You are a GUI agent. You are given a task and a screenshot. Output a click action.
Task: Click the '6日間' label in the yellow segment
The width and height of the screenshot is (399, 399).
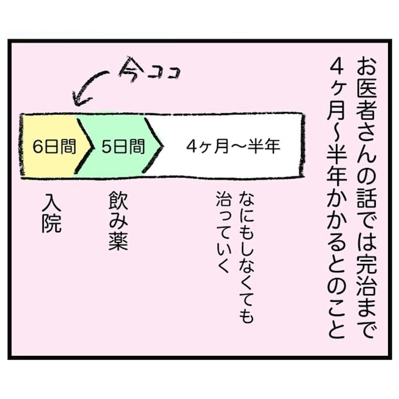pyautogui.click(x=55, y=147)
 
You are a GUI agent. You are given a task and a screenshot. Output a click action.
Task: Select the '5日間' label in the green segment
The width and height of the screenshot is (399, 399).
pyautogui.click(x=124, y=147)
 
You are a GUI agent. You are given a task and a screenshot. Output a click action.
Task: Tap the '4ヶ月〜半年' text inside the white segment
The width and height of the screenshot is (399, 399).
pyautogui.click(x=234, y=146)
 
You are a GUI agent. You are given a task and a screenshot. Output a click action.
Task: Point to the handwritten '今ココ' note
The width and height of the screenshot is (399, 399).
pyautogui.click(x=149, y=70)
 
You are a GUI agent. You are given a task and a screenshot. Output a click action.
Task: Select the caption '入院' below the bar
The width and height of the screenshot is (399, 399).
pyautogui.click(x=51, y=213)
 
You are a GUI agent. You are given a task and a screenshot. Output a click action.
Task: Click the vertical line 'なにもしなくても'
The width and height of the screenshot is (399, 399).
pyautogui.click(x=246, y=260)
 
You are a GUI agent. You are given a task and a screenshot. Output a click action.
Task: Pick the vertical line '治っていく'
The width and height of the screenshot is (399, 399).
pyautogui.click(x=223, y=232)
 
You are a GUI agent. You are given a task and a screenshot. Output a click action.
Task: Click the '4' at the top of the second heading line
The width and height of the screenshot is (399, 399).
pyautogui.click(x=337, y=67)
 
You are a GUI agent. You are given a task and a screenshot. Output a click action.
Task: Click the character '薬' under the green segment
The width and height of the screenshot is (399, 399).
pyautogui.click(x=118, y=241)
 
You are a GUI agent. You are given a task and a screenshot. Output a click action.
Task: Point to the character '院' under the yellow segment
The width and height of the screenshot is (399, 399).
pyautogui.click(x=51, y=224)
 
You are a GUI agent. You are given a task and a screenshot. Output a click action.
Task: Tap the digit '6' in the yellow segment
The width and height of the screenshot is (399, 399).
pyautogui.click(x=37, y=147)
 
